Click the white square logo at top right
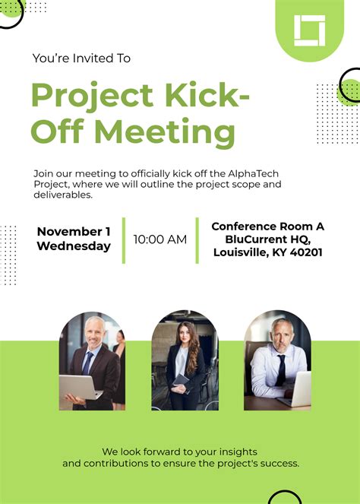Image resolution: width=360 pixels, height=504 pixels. [309, 30]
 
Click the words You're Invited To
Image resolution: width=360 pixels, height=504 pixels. [81, 58]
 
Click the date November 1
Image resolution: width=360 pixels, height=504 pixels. [74, 231]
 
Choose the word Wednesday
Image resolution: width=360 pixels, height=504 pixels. [74, 246]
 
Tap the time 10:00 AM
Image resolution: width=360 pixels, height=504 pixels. [159, 239]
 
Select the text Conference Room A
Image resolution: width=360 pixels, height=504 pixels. [267, 227]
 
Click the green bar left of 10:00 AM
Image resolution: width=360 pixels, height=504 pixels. [123, 239]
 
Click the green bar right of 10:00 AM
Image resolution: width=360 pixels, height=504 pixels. [197, 239]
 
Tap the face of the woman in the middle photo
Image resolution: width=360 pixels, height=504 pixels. [185, 337]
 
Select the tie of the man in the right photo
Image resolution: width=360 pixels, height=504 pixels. [281, 370]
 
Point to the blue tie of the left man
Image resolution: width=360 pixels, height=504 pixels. [89, 363]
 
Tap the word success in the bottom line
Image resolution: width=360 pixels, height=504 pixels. [279, 463]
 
